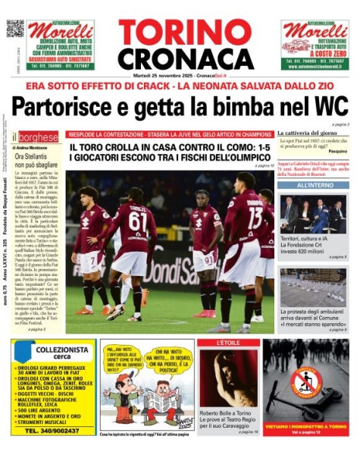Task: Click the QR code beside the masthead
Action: click(x=15, y=29)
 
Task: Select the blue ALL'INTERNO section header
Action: click(x=311, y=185)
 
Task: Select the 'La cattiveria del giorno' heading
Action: click(x=309, y=133)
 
